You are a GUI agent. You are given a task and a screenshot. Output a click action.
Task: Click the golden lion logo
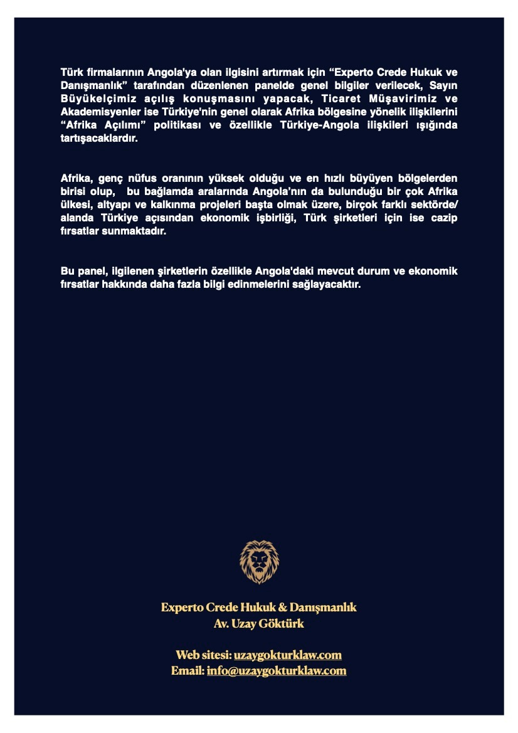point(259,562)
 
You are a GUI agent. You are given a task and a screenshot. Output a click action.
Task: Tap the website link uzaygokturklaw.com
point(287,655)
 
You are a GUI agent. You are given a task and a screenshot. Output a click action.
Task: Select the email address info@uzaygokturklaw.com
point(276,671)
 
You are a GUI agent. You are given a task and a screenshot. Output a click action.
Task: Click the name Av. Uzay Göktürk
point(259,624)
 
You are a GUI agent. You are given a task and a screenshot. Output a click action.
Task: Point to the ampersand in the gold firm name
point(282,608)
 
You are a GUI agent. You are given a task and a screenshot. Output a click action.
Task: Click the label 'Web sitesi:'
point(203,655)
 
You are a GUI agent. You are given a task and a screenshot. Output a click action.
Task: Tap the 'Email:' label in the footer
point(188,671)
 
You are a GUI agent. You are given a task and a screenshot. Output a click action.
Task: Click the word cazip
point(443,218)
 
